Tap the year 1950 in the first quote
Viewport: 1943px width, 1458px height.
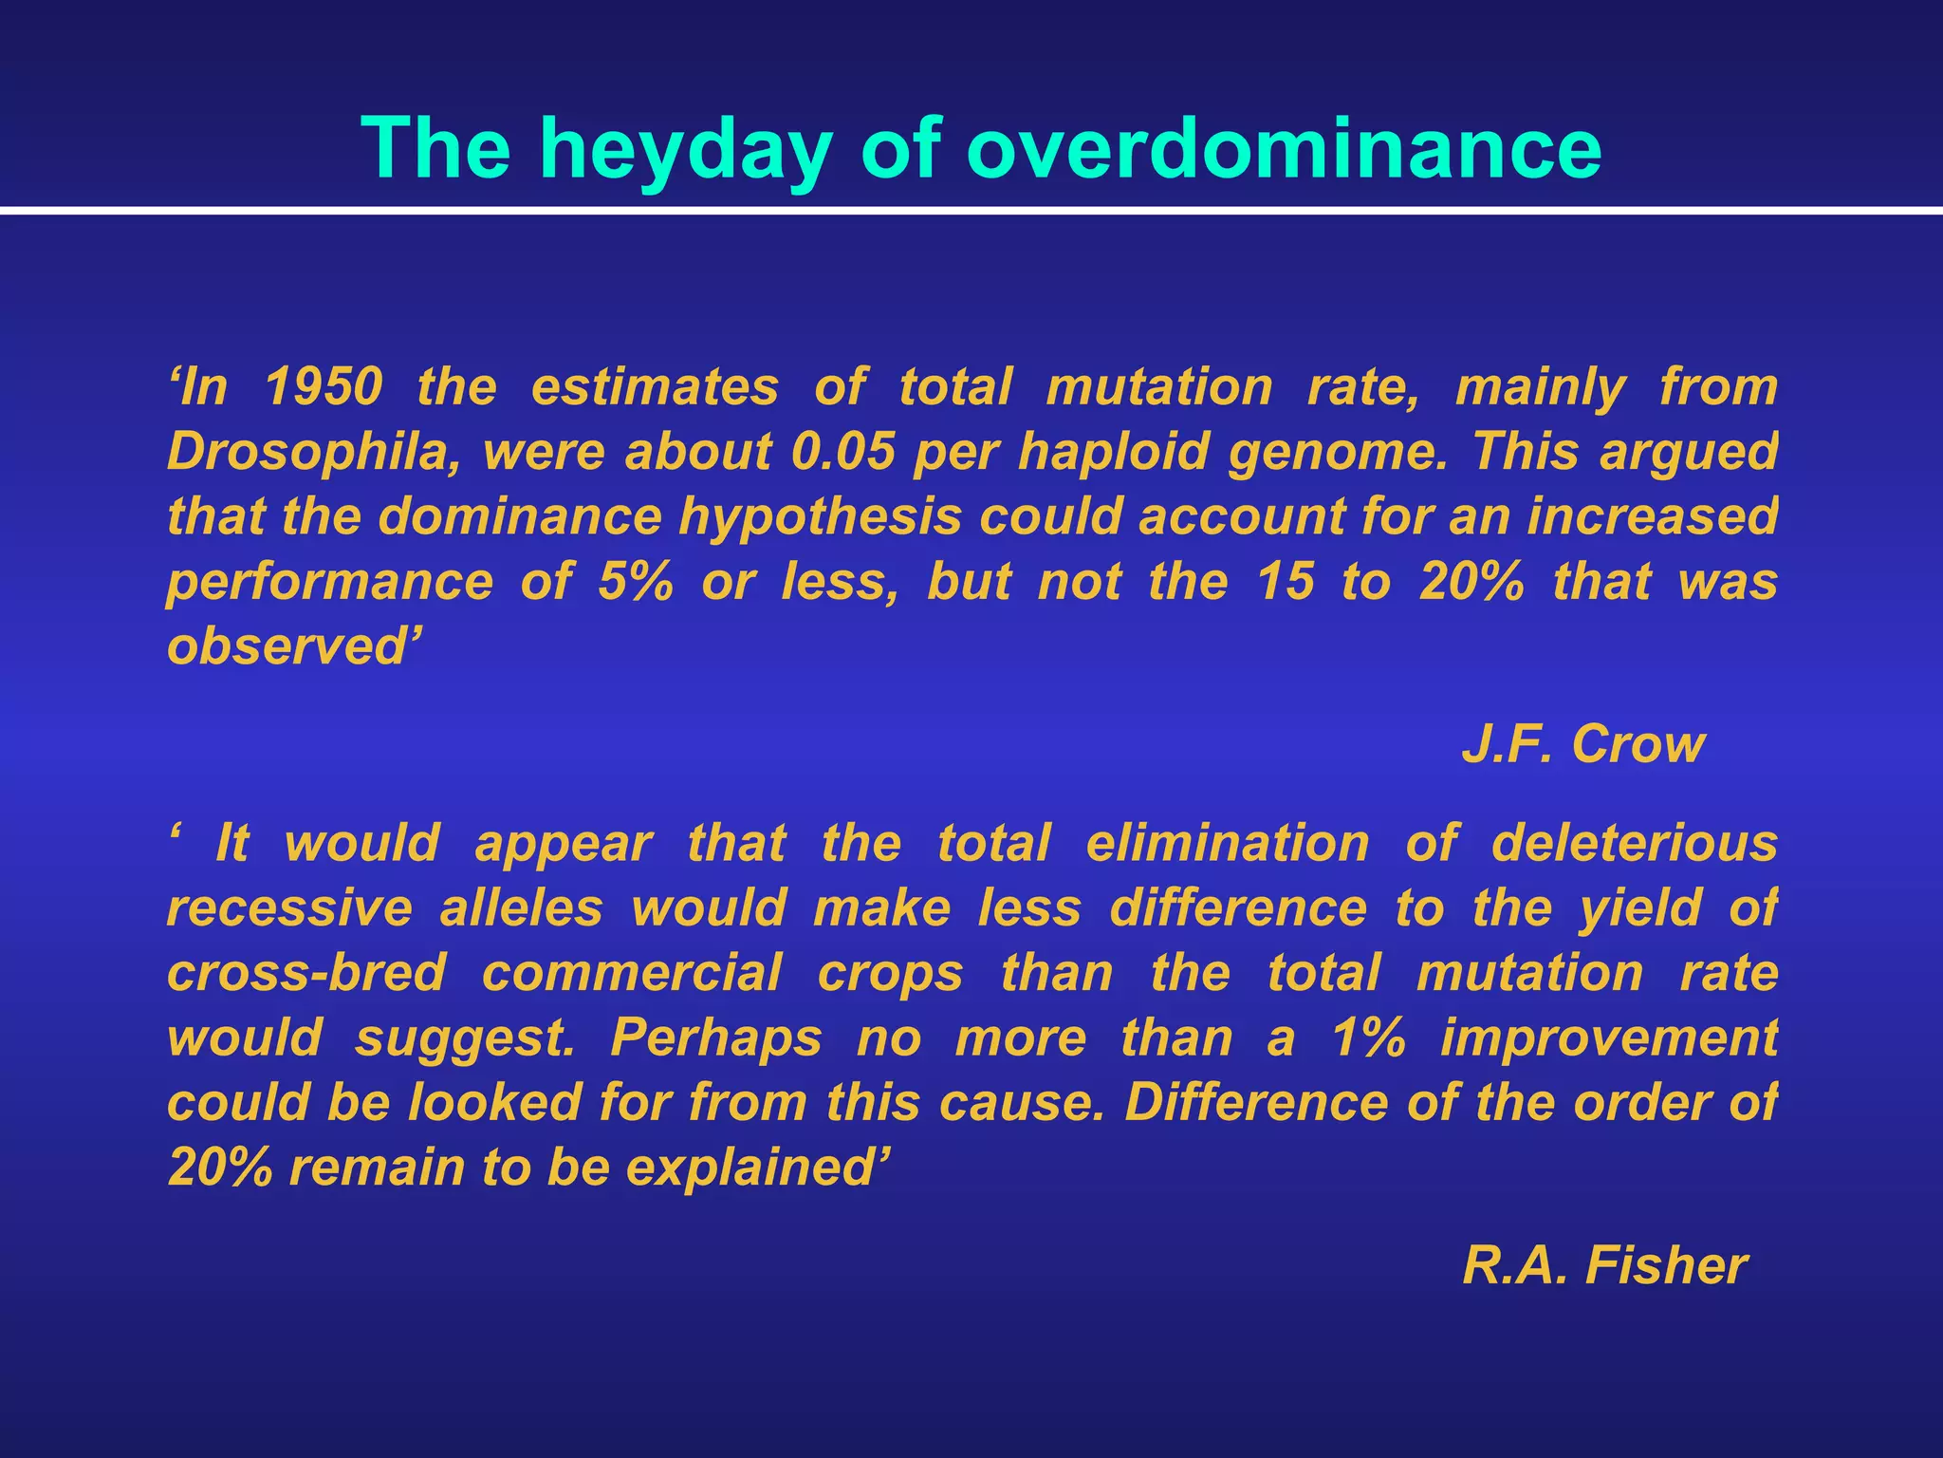324,387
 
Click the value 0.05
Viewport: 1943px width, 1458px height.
843,452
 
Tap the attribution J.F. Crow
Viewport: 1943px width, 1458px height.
1582,744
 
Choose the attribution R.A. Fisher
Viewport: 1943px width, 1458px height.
1604,1266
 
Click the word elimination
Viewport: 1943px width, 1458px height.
1228,843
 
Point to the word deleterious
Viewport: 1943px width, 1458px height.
1634,843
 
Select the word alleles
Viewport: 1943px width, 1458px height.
521,907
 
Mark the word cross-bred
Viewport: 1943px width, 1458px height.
306,973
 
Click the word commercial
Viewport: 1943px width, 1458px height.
632,973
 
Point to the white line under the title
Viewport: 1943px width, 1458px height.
971,211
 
